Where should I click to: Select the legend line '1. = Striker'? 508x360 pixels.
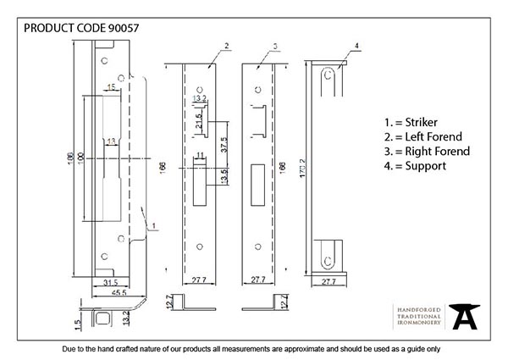tap(404, 122)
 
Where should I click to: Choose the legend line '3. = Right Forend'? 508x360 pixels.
tap(423, 151)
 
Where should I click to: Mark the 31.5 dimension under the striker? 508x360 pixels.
tap(110, 281)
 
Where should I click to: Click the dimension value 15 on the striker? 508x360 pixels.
tap(112, 87)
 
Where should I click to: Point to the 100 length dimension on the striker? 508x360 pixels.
tap(81, 158)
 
